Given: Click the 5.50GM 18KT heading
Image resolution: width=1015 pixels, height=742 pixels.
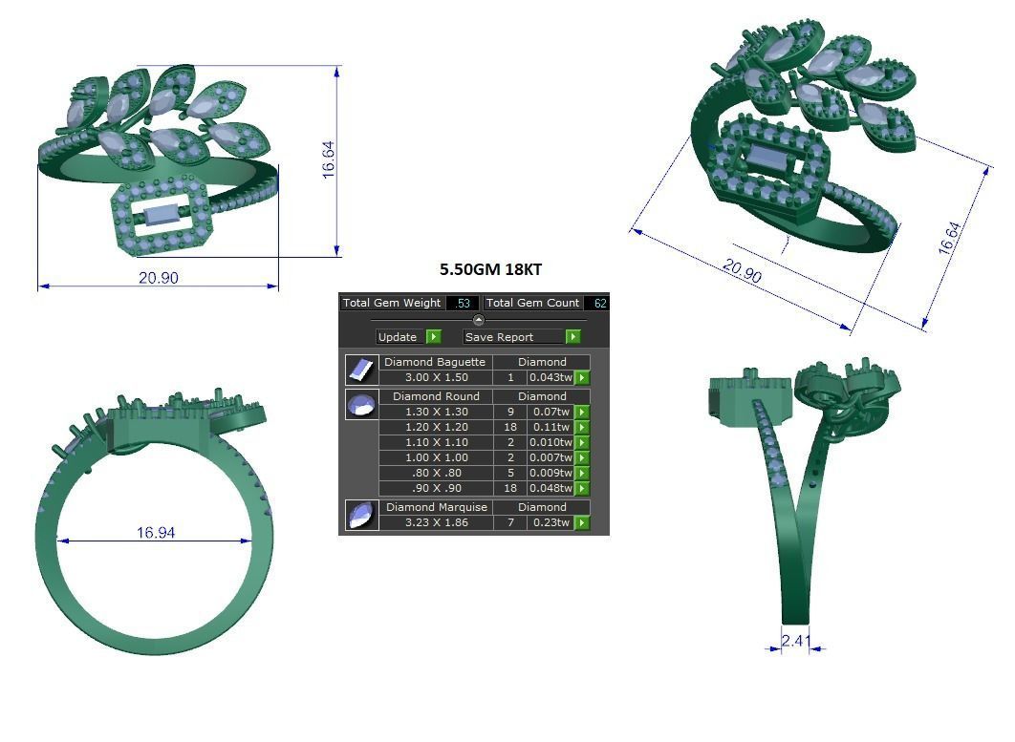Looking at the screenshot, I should click(490, 269).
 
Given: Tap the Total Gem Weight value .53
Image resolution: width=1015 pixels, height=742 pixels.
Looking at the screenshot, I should click(463, 303).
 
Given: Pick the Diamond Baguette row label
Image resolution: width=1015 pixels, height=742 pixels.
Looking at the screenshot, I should click(435, 362).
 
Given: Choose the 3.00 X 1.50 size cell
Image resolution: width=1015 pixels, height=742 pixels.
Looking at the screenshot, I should click(435, 377).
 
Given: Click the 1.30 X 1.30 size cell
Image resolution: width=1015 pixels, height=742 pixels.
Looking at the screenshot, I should click(435, 412).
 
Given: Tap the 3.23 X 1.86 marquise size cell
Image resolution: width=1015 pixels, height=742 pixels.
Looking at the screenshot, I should click(435, 522).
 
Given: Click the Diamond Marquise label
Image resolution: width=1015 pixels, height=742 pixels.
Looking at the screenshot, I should click(436, 507).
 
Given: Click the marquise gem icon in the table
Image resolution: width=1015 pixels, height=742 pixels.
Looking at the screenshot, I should click(360, 515).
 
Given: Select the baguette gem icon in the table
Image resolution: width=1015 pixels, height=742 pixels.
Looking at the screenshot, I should click(360, 370).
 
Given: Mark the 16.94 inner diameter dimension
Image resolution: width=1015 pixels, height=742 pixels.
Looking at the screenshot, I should click(155, 532).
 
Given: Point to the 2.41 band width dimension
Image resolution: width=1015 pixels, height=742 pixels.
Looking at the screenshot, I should click(795, 641).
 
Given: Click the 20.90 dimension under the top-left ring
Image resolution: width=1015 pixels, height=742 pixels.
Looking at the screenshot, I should click(158, 278).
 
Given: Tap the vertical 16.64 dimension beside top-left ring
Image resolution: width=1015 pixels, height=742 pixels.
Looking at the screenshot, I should click(328, 159).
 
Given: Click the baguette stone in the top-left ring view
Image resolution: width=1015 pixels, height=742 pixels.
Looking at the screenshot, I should click(159, 212).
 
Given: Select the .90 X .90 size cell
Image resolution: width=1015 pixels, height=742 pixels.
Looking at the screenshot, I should click(435, 488).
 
